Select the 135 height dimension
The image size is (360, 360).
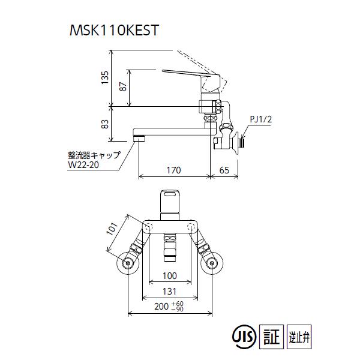[x=104, y=77]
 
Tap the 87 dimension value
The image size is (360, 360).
[x=123, y=86]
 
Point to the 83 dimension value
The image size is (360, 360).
[x=104, y=125]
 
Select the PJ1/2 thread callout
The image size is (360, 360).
[x=260, y=119]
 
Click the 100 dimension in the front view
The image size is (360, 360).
[x=170, y=277]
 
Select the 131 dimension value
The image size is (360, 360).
[x=170, y=292]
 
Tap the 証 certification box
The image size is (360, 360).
[x=271, y=334]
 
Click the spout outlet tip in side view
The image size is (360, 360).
[x=139, y=139]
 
